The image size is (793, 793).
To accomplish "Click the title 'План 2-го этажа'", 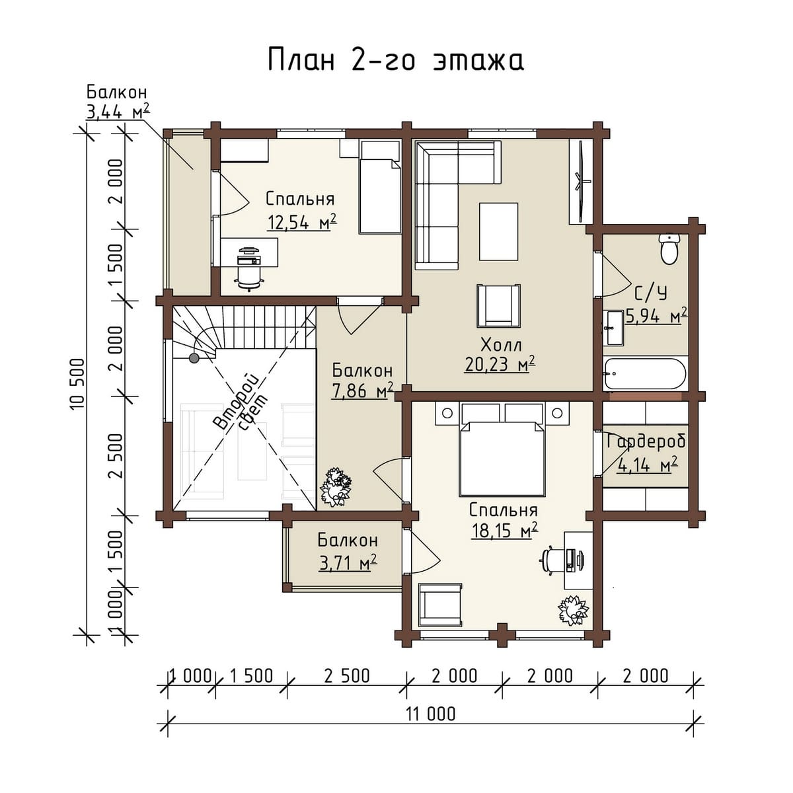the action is (396, 60).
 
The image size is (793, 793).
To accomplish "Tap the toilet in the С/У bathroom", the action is (669, 248).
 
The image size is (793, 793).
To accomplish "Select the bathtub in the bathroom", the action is (645, 373).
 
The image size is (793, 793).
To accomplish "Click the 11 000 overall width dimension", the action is (432, 726).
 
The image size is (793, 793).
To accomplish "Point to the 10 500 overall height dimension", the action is (78, 384).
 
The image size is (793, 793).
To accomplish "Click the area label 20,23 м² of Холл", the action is (500, 363).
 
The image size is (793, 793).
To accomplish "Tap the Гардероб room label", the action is (646, 442).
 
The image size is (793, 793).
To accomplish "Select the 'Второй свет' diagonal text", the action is (241, 402).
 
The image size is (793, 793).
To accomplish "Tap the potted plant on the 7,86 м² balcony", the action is (336, 488).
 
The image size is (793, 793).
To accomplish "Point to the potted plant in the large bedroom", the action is (574, 610).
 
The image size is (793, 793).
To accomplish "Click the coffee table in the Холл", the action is (498, 231).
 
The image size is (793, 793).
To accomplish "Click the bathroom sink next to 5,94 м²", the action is (614, 328).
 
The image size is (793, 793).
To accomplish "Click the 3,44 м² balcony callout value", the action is (117, 111).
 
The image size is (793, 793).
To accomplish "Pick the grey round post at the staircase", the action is (194, 358).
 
